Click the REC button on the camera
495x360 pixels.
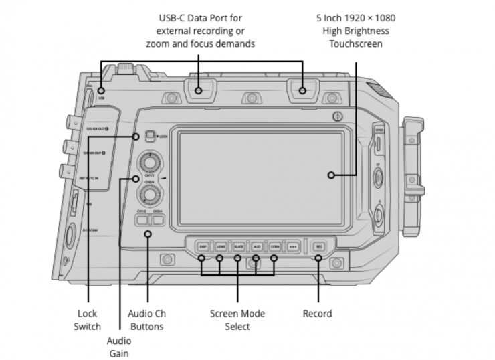pos(318,246)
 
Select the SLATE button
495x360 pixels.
pos(238,246)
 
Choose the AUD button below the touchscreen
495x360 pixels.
pos(256,246)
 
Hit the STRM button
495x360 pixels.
pos(274,246)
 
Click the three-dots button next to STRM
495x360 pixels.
pos(292,246)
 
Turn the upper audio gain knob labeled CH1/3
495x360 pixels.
pos(148,163)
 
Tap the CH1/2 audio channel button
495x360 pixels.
pos(142,219)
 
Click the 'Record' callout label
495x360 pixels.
pos(317,313)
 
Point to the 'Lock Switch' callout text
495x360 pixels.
pos(88,320)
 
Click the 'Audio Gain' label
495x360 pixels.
pos(119,346)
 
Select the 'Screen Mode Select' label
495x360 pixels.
pos(237,320)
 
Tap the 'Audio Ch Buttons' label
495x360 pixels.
pos(145,320)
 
